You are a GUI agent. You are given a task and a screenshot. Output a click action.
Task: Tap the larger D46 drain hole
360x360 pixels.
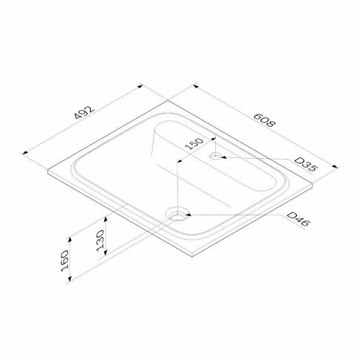pos(180,213)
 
